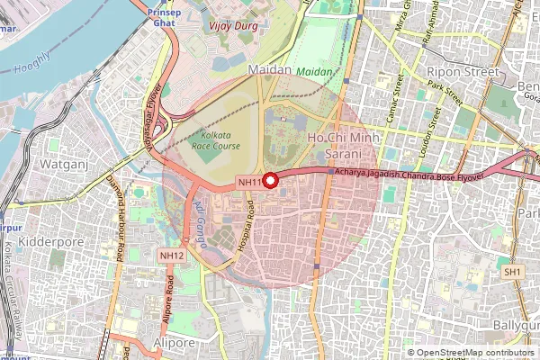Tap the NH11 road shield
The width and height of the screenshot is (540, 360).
249,183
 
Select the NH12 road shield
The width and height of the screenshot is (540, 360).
172,256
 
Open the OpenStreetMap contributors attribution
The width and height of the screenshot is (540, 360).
476,352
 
